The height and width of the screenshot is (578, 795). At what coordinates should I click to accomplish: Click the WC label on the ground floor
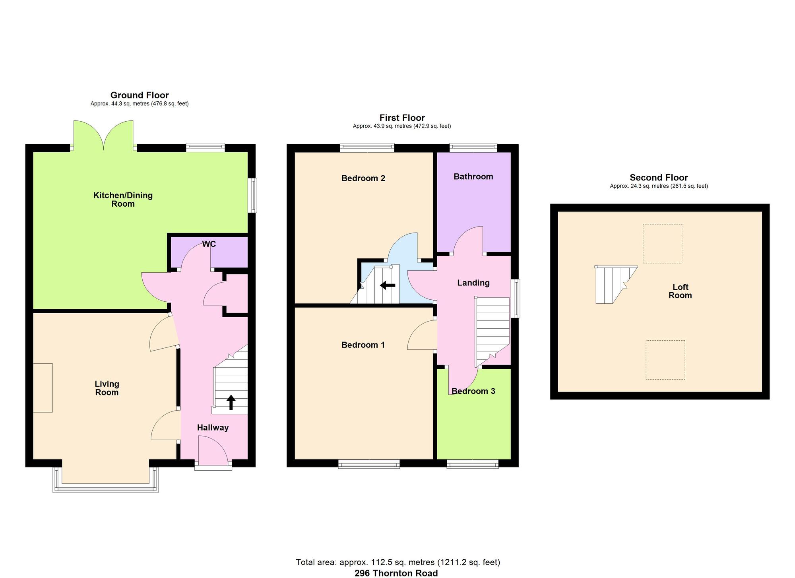(x=209, y=244)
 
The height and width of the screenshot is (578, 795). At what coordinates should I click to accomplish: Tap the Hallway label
(x=213, y=428)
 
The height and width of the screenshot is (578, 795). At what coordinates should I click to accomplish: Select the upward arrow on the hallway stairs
(x=231, y=402)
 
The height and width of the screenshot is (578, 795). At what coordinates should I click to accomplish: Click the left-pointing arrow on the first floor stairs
(x=388, y=285)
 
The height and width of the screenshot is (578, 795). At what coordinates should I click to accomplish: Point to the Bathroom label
(x=473, y=177)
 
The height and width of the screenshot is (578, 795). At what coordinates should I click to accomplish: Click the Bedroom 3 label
(x=473, y=391)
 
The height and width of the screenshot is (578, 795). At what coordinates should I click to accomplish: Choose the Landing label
(x=473, y=283)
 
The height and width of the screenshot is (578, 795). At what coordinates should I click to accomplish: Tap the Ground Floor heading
(x=140, y=95)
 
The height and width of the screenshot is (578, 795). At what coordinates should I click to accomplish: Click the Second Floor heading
(x=659, y=178)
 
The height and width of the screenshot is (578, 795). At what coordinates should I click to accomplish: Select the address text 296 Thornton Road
(x=396, y=573)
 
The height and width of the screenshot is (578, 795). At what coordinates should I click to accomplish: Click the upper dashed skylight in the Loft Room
(x=662, y=243)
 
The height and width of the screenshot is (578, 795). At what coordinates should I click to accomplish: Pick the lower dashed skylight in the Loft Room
(x=665, y=359)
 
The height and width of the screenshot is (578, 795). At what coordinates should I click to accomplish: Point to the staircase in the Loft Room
(x=612, y=285)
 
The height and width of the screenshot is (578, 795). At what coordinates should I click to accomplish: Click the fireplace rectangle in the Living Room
(x=43, y=388)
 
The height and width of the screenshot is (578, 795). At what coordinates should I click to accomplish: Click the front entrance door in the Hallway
(x=213, y=451)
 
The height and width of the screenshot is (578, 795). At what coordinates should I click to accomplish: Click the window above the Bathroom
(x=473, y=147)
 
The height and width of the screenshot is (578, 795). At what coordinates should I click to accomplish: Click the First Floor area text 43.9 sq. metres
(x=402, y=126)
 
